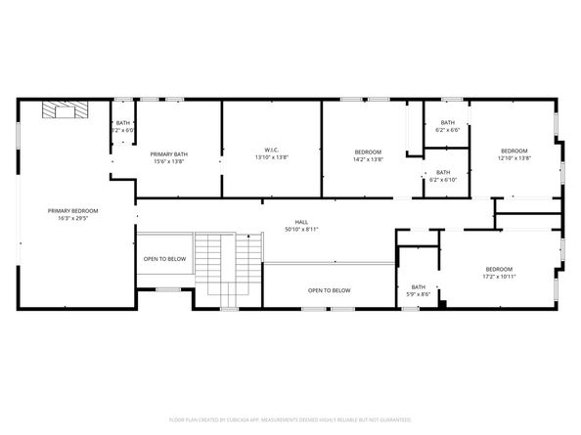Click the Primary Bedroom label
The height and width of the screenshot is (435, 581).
point(73,210)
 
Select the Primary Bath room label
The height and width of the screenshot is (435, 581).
point(168,153)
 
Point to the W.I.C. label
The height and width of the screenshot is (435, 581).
point(271,150)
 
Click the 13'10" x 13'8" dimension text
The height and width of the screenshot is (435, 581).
point(271,157)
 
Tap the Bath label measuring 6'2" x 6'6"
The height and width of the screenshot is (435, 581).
point(447,122)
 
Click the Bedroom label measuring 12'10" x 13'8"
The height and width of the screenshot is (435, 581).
point(514,150)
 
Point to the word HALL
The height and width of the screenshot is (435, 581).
point(301,222)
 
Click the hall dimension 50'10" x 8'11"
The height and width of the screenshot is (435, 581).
point(301,230)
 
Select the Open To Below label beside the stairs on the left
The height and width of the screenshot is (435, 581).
point(164,259)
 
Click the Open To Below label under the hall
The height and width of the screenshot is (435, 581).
point(330,290)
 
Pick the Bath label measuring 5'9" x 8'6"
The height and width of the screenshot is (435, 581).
point(418,286)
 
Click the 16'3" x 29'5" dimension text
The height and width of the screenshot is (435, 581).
point(73,218)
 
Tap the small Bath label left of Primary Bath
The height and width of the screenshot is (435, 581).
point(122,122)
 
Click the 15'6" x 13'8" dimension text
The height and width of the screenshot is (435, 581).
point(168,161)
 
